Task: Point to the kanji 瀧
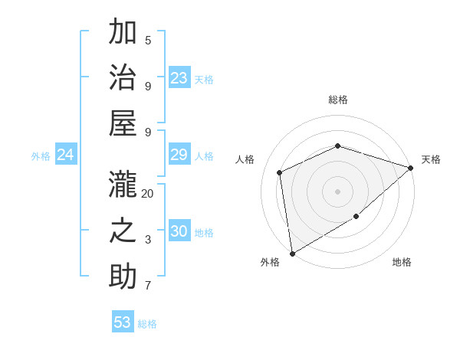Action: (x=123, y=185)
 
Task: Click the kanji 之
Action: (x=123, y=231)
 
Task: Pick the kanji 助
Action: (x=123, y=277)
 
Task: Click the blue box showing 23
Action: (x=179, y=78)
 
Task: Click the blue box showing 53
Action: (x=123, y=322)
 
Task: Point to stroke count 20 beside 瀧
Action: (x=148, y=194)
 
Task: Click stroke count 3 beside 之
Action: (x=148, y=240)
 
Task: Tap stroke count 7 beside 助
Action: (x=148, y=286)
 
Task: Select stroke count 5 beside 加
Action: (x=148, y=40)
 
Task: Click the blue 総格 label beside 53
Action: (x=147, y=324)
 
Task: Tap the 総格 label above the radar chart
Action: (x=337, y=100)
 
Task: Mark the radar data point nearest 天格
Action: (x=410, y=168)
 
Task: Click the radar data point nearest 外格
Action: (x=292, y=253)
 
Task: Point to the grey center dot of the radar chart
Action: (x=337, y=191)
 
